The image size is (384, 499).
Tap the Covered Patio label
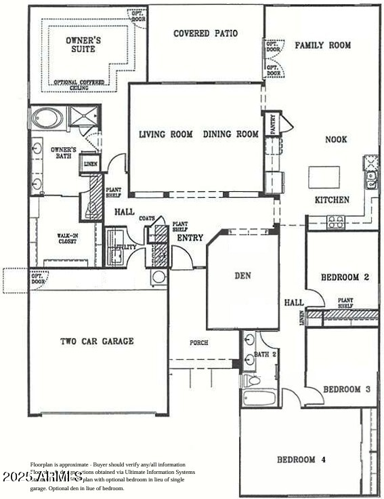(x=205, y=33)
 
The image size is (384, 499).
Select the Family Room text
(x=322, y=45)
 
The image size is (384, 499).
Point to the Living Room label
(x=166, y=134)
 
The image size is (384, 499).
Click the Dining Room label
(x=230, y=134)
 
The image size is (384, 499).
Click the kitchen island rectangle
(x=324, y=177)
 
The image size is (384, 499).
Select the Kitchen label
(x=332, y=200)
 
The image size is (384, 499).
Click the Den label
(x=242, y=276)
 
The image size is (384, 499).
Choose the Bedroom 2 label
(x=344, y=277)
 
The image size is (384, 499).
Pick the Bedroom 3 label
(x=346, y=389)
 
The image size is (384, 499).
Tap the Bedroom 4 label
(x=301, y=460)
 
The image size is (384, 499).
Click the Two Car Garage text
(x=97, y=341)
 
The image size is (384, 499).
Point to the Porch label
(x=199, y=342)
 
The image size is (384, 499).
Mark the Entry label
(x=190, y=238)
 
